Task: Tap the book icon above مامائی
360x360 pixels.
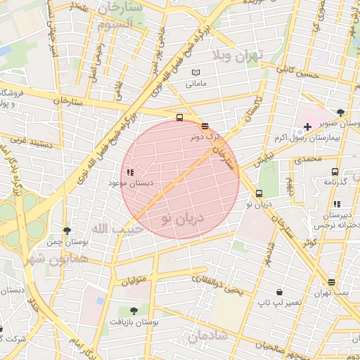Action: (x=196, y=72)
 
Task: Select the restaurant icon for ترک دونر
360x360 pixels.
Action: (x=205, y=127)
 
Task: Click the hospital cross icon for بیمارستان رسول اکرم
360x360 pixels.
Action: (x=307, y=127)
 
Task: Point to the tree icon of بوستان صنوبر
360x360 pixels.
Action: (x=341, y=112)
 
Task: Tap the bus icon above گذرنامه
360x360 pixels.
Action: (x=335, y=172)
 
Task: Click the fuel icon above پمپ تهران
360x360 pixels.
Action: (x=331, y=282)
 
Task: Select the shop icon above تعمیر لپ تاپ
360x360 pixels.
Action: (x=279, y=292)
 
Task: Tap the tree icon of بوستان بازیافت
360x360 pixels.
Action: (x=134, y=311)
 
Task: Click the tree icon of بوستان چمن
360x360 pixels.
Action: (x=67, y=231)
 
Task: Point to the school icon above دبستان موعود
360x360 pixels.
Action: (x=129, y=172)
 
